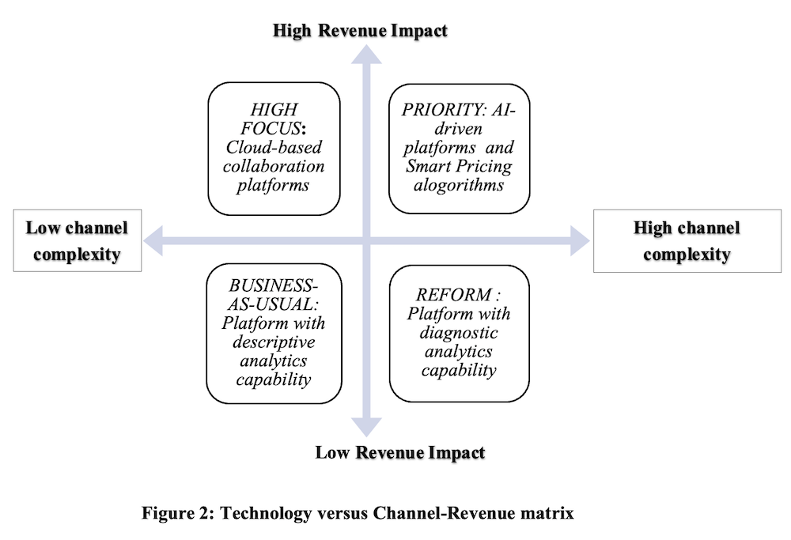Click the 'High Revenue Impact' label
pos(360,31)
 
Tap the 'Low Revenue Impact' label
pos(400,453)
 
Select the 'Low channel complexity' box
pos(78,241)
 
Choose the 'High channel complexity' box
pos(687,241)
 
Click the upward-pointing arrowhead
pos(366,55)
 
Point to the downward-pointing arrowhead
pos(366,427)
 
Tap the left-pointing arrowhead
pos(153,240)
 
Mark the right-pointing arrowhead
pos(580,240)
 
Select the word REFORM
pos(453,294)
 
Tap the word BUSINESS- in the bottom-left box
pos(274,285)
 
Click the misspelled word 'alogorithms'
pos(459,185)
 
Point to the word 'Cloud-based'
pos(274,147)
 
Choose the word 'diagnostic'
pos(459,333)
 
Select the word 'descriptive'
pos(274,342)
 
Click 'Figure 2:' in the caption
pos(179,513)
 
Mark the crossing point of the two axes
pos(366,240)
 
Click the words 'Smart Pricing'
pos(459,166)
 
